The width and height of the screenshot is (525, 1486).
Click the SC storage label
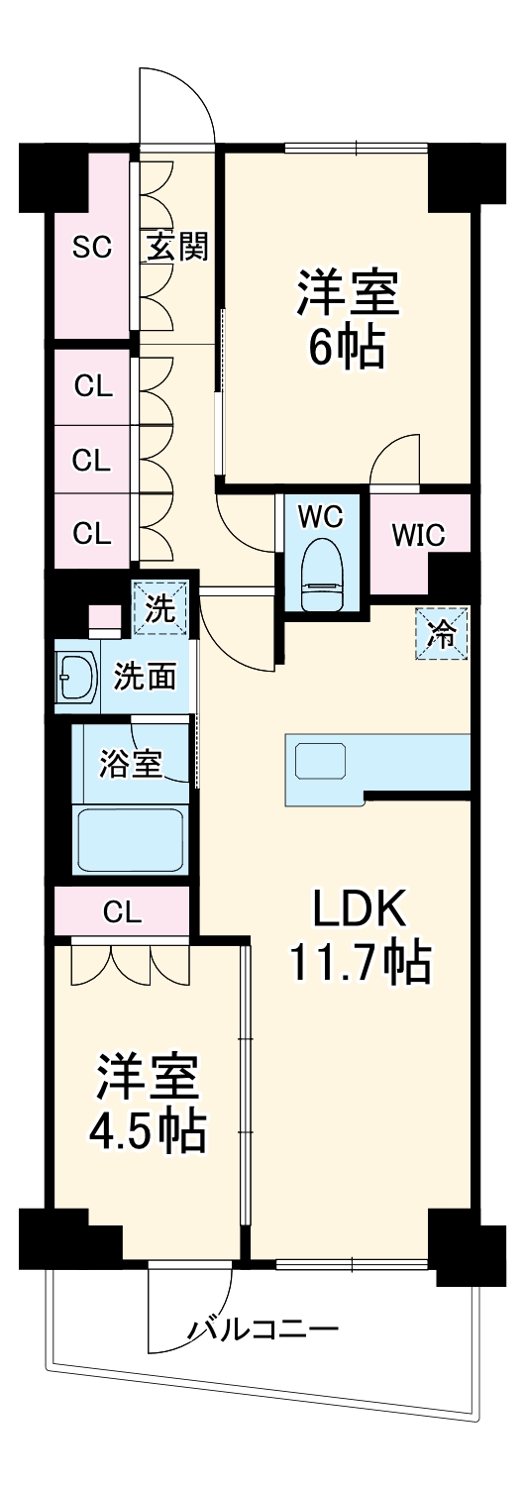click(x=91, y=248)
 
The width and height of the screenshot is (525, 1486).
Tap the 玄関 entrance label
click(x=177, y=248)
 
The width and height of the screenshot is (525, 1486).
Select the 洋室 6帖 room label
click(x=348, y=318)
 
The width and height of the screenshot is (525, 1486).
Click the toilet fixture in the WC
click(x=322, y=573)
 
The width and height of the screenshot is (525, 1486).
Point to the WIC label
click(x=418, y=535)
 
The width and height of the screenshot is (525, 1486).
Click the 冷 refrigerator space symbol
click(x=442, y=634)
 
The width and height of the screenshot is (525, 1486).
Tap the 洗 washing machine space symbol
click(x=159, y=607)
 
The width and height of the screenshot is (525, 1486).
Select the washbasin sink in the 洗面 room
click(x=76, y=677)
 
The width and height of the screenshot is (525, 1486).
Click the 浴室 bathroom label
click(x=131, y=763)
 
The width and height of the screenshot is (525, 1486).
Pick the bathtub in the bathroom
click(x=131, y=838)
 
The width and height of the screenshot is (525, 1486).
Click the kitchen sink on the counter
click(x=321, y=761)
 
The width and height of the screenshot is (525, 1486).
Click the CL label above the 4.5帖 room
click(x=123, y=913)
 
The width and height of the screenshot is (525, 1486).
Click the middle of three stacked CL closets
click(x=93, y=461)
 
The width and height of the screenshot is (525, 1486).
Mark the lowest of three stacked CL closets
click(x=93, y=532)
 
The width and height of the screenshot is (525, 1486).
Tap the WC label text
click(x=321, y=516)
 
